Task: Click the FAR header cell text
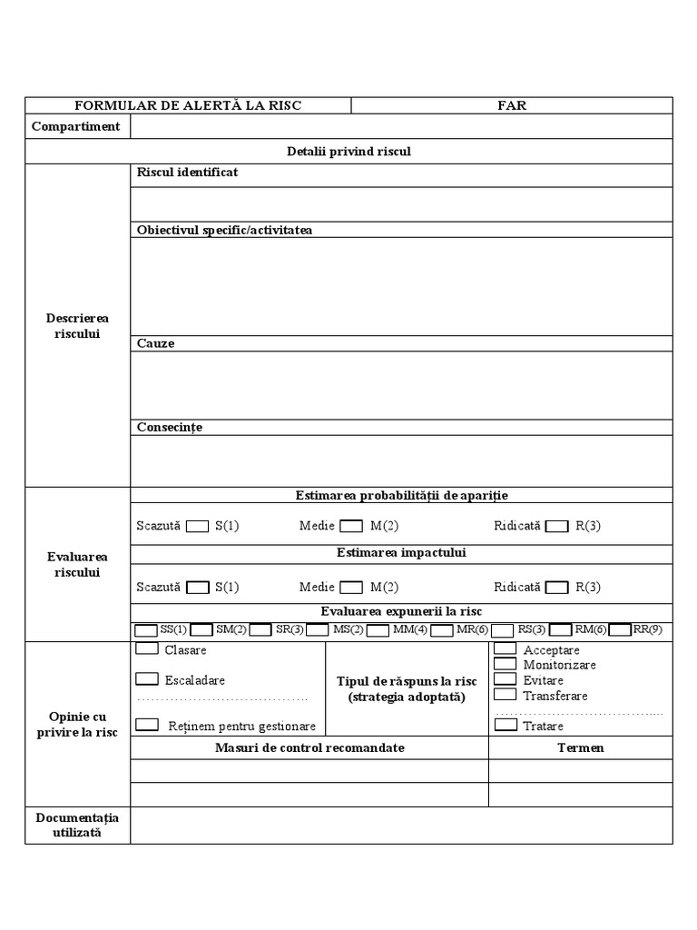511,105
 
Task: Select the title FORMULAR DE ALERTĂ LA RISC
188,105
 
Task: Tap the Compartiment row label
75,126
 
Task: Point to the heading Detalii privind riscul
348,151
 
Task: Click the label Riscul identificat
187,172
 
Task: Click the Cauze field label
155,343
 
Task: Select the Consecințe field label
169,427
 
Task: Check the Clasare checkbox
146,649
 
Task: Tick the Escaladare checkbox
146,678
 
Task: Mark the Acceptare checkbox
506,649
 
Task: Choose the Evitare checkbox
506,679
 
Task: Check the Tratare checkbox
506,725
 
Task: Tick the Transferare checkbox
506,695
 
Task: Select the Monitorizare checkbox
506,664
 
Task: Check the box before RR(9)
620,629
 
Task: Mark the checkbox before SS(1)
145,629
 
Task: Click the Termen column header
580,747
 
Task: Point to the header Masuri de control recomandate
309,747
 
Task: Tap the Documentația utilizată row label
77,825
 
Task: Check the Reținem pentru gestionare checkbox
146,725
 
